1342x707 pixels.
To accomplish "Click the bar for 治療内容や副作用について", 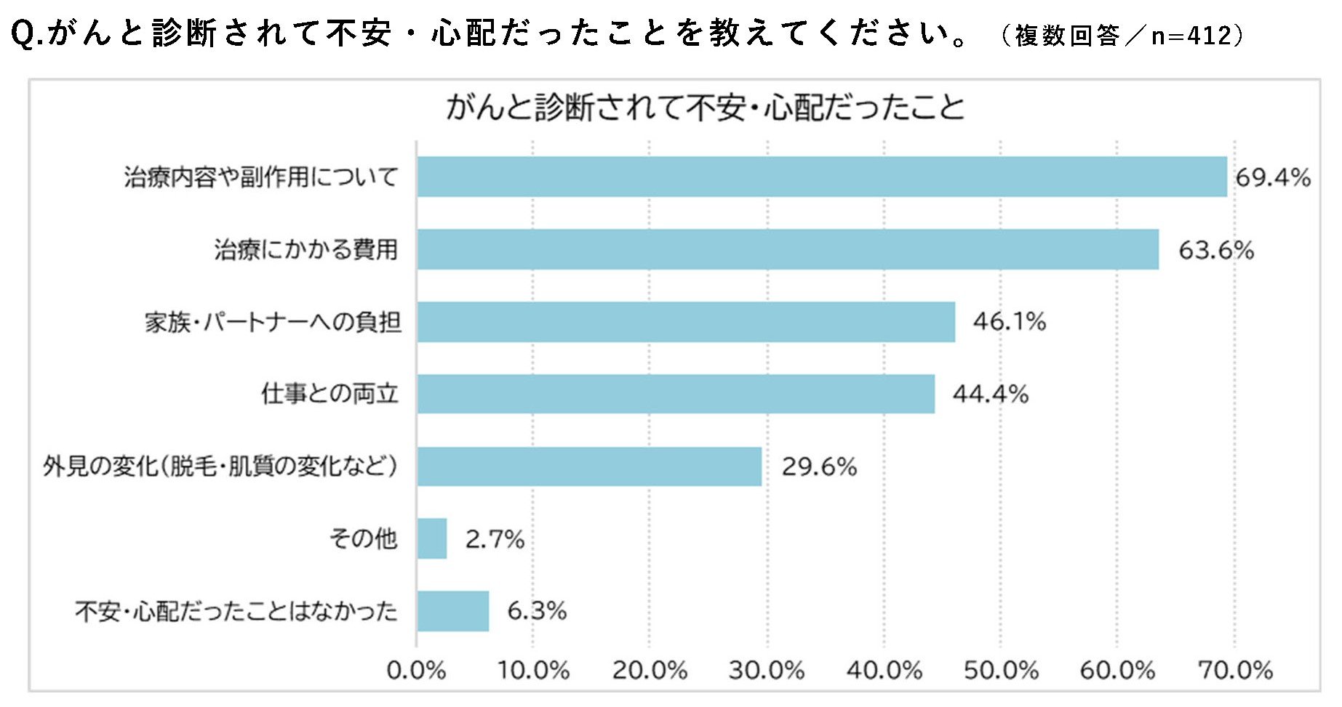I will [822, 177].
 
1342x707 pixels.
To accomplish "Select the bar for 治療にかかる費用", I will [788, 249].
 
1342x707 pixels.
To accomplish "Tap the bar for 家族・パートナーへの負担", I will [686, 322].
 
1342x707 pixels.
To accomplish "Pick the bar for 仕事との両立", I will [676, 394].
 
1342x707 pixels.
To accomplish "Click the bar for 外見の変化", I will [589, 466].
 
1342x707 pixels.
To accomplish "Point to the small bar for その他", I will [432, 538].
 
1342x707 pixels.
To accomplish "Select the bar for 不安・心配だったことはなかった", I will [453, 611].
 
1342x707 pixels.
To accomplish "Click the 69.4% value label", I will [1273, 177].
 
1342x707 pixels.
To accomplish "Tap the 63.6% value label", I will [1216, 250].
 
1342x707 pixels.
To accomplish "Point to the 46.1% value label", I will [1010, 322].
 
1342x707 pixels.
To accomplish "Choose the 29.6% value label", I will [820, 466].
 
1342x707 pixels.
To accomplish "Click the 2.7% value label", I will [495, 539].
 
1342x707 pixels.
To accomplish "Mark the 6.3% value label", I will [537, 611].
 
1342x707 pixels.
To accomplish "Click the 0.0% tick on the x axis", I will [416, 670].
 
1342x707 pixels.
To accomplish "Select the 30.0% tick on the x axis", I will [767, 670].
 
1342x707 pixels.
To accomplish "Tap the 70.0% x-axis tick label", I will [1235, 670].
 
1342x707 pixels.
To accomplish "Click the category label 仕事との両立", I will [330, 394].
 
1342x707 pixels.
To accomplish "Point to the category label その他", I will [364, 538].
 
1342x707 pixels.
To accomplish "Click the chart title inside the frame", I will [705, 108].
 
